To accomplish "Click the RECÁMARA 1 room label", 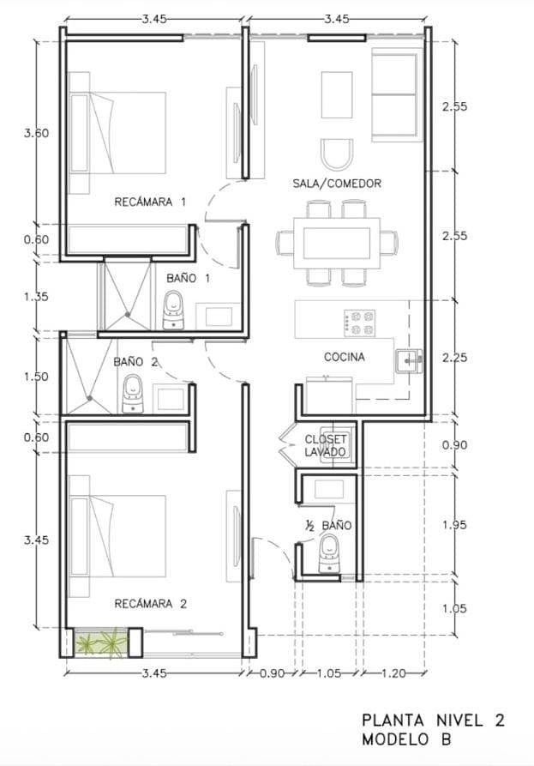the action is click(x=150, y=202).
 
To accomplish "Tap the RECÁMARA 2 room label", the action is click(x=150, y=604).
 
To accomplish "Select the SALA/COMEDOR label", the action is click(x=337, y=184).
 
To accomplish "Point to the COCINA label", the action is click(x=344, y=357).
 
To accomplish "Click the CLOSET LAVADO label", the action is click(x=325, y=445).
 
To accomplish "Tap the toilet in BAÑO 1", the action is click(x=173, y=310).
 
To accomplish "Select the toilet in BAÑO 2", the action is click(x=132, y=394).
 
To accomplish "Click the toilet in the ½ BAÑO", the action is click(x=329, y=553).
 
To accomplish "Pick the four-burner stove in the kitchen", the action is click(x=360, y=323).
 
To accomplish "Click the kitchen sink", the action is click(x=409, y=361).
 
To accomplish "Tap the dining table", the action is click(x=337, y=243).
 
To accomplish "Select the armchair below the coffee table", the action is click(x=337, y=154).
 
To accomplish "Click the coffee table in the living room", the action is click(x=337, y=94).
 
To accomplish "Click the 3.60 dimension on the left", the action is click(x=36, y=133).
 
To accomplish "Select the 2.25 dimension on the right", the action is click(x=454, y=358).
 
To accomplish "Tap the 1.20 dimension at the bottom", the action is click(x=393, y=673).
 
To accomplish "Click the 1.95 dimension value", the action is click(x=454, y=525).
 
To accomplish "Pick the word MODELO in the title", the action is click(x=395, y=739).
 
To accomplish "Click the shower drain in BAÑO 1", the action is click(x=128, y=315).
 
